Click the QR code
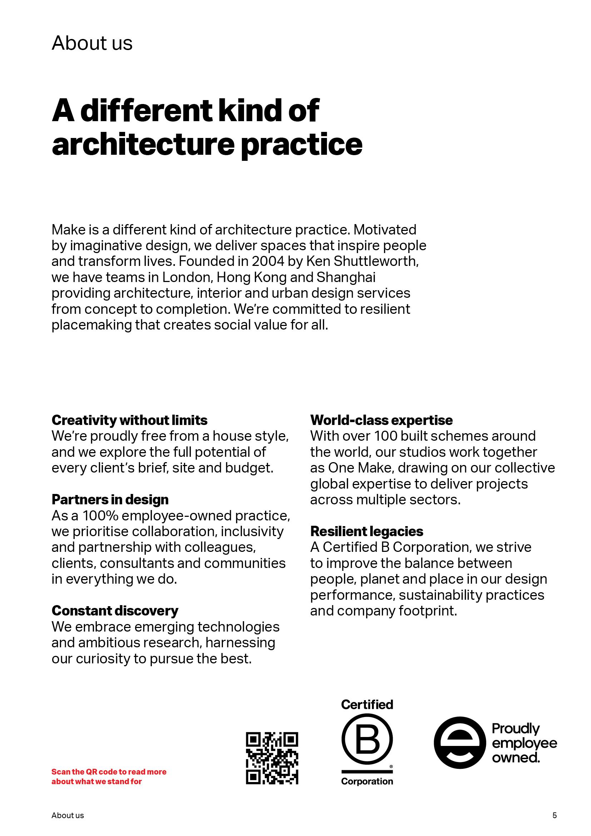[x=272, y=758]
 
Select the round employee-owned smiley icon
[x=460, y=743]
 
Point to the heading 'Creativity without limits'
[x=129, y=420]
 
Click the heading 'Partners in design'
[x=110, y=500]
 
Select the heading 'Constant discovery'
[x=115, y=610]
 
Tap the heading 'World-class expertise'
[x=381, y=420]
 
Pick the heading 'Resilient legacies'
[x=367, y=531]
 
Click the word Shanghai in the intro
[x=346, y=277]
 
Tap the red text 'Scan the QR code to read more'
[x=109, y=772]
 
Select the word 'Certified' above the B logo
[x=367, y=704]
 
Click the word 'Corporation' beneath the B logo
[x=367, y=781]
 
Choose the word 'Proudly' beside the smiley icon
[x=516, y=728]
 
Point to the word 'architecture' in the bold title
[x=143, y=144]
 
